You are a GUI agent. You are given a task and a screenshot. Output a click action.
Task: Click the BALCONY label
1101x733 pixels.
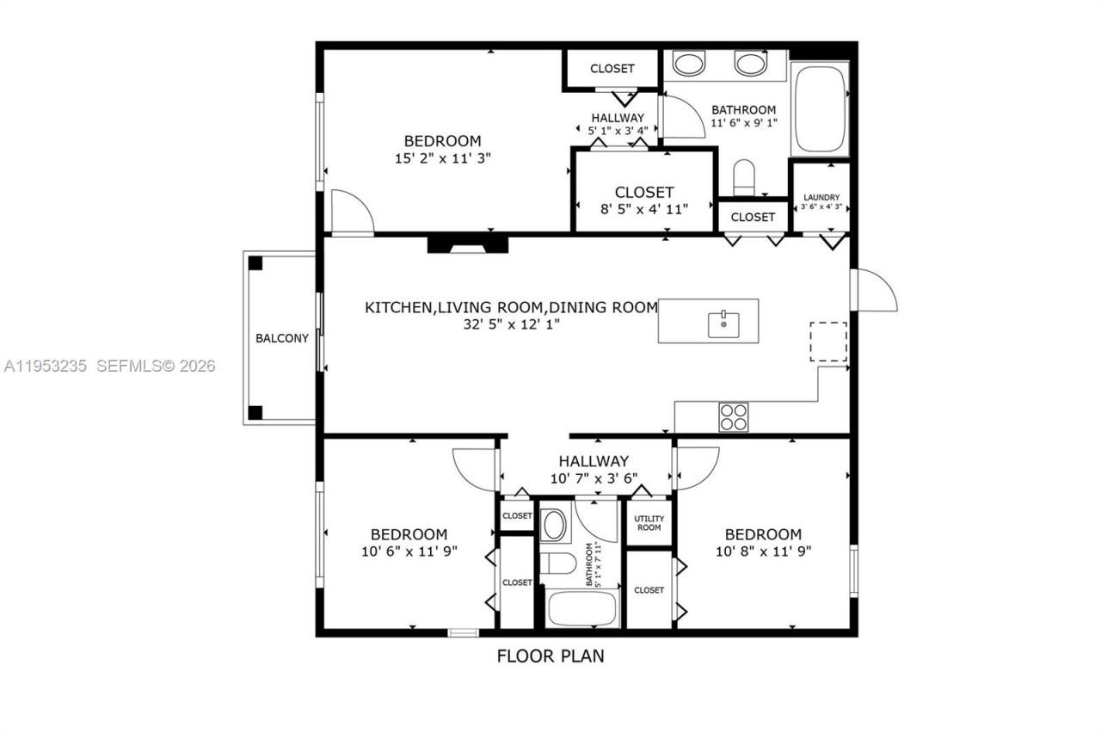[x=281, y=338]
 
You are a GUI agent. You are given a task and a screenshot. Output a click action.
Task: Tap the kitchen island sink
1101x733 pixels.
[x=723, y=323]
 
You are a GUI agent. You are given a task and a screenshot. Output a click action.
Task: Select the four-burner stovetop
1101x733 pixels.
[x=733, y=417]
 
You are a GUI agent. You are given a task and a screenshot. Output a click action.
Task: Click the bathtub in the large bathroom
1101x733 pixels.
[x=819, y=108]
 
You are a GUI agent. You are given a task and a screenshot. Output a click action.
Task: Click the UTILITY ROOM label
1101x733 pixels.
[x=649, y=522]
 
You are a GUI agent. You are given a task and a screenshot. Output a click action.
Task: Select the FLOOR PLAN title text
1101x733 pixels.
[x=550, y=656]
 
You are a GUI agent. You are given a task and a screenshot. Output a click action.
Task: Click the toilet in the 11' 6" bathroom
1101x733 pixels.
[x=743, y=178]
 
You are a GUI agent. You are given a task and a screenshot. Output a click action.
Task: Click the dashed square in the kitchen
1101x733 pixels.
[x=828, y=342]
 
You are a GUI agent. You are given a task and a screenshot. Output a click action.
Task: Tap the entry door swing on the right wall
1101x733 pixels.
[x=873, y=290]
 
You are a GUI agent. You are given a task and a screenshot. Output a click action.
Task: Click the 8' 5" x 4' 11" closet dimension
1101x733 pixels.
[x=643, y=207]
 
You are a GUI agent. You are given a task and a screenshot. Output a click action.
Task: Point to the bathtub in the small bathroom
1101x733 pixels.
[x=582, y=608]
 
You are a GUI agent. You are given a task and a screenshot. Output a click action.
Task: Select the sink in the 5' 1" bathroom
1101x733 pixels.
[x=555, y=525]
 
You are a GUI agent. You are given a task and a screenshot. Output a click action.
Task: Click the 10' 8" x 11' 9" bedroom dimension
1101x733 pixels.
[x=762, y=551]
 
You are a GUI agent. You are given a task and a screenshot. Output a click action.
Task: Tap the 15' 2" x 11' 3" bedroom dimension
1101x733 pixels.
[x=442, y=157]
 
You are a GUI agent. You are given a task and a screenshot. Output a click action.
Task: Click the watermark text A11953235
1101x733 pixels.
[x=46, y=366]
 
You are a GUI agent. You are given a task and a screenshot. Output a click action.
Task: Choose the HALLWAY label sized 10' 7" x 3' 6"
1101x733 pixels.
[x=593, y=461]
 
